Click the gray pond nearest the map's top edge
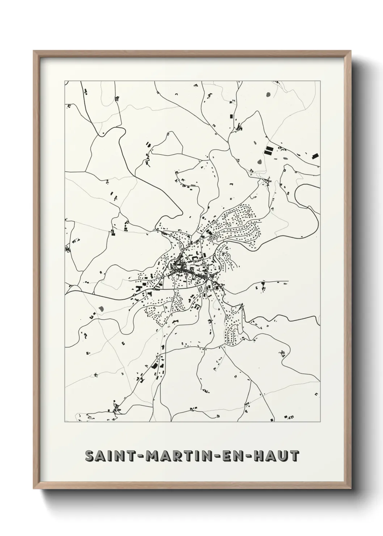[268, 95]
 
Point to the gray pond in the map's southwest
[101, 309]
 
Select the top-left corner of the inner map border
[65, 81]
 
